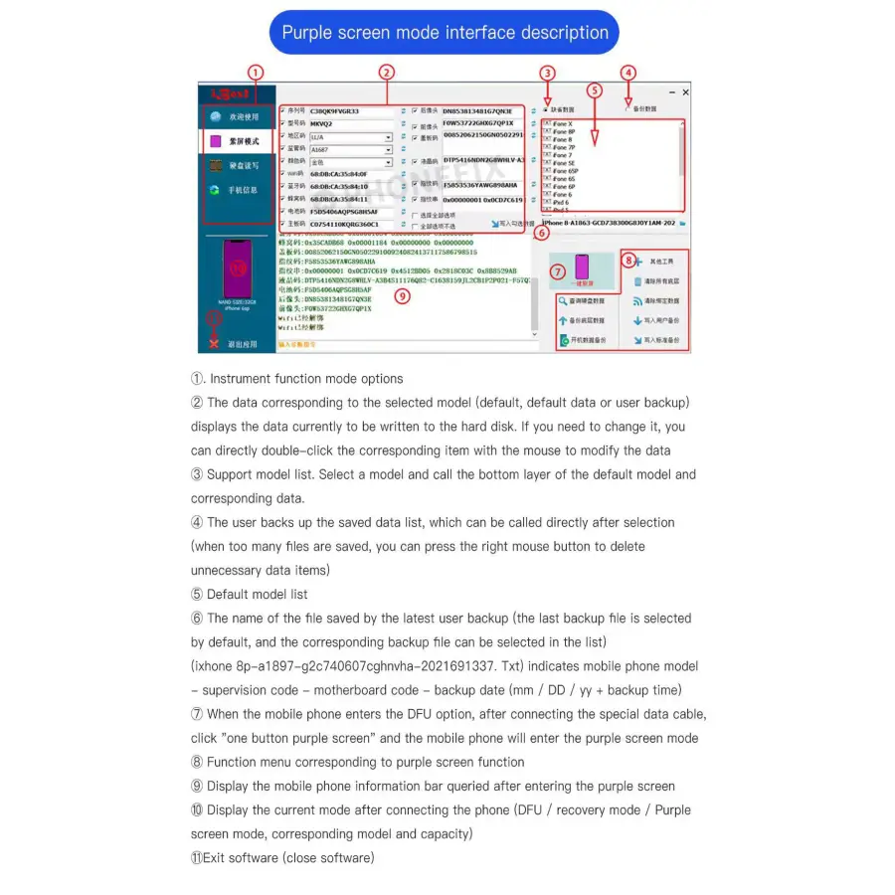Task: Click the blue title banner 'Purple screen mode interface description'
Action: click(x=445, y=33)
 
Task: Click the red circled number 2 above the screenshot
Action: click(x=387, y=72)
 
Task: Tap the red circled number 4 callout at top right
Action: click(x=627, y=73)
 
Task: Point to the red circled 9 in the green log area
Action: click(x=402, y=295)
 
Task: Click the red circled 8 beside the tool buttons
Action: click(x=628, y=261)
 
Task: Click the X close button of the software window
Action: click(x=685, y=91)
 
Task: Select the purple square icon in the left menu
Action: click(x=216, y=141)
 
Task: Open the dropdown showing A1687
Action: click(x=351, y=149)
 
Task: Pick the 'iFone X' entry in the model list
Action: click(x=562, y=123)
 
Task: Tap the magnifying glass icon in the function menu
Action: click(x=563, y=300)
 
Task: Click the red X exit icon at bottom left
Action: click(x=214, y=343)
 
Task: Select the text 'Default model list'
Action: click(x=257, y=595)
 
